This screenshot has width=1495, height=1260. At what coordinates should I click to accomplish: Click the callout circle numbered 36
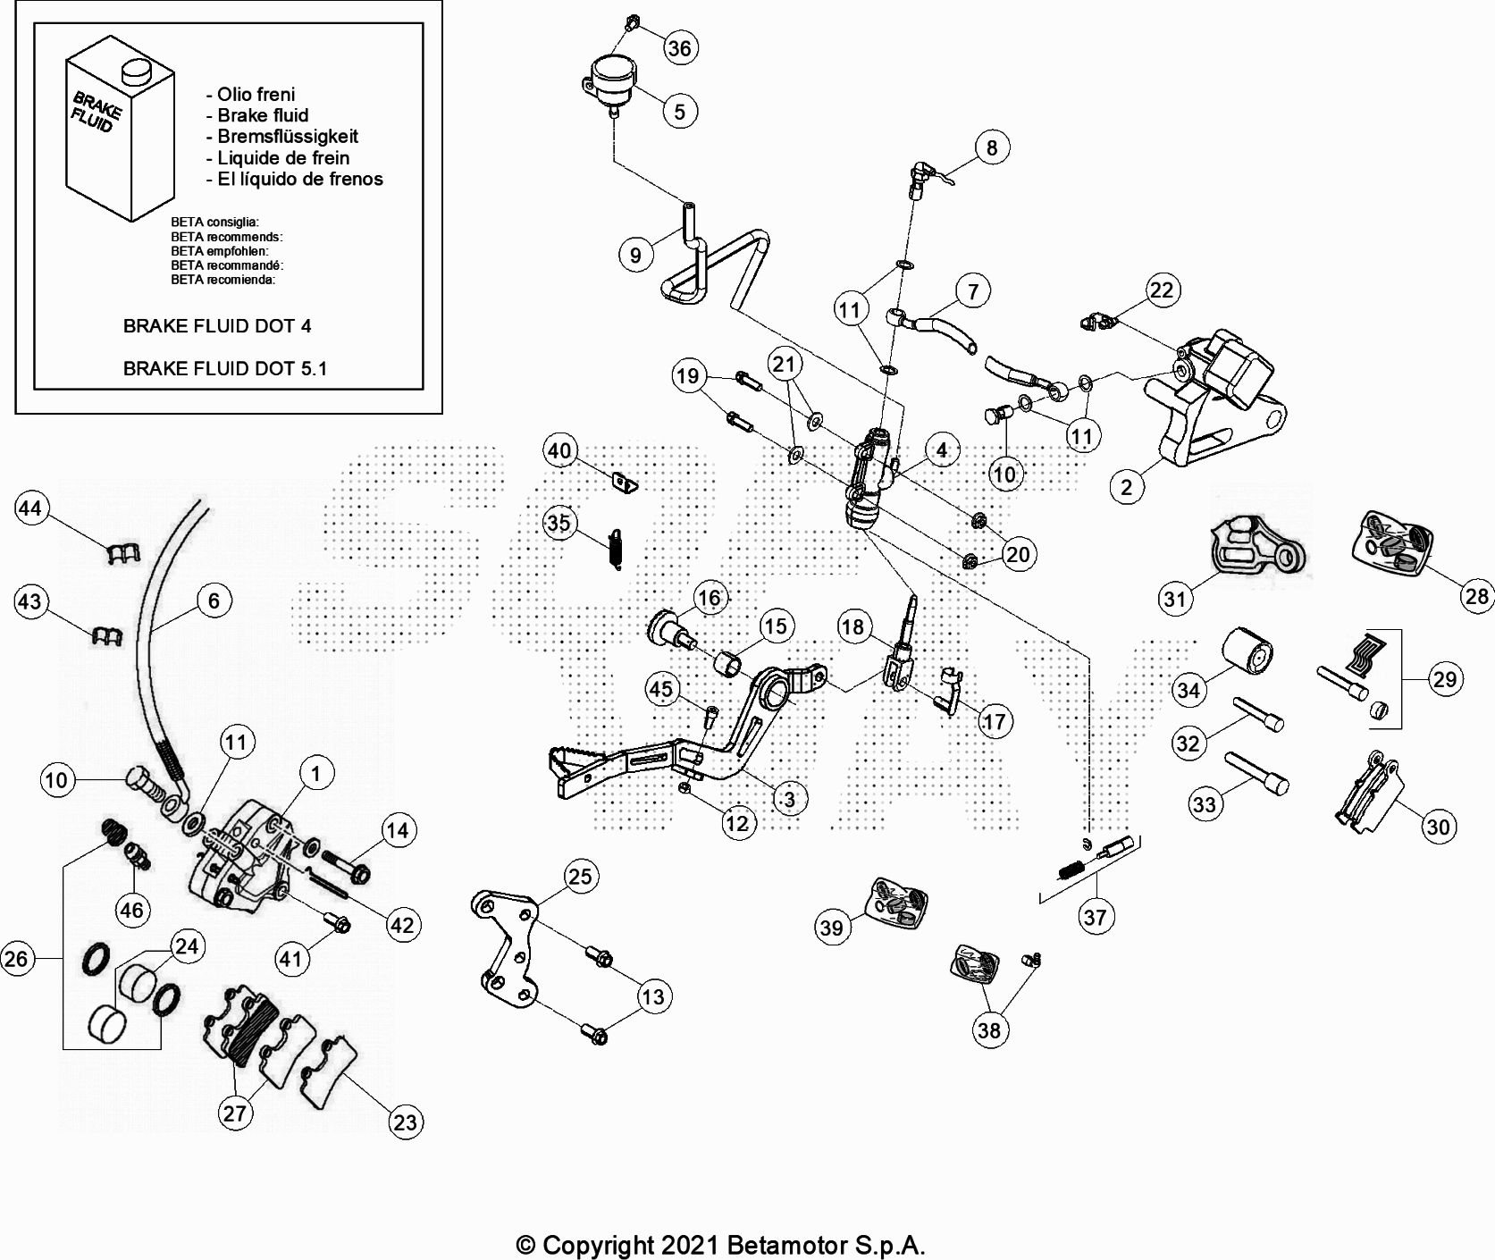coord(680,47)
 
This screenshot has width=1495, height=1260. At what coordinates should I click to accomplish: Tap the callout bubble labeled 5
coord(680,112)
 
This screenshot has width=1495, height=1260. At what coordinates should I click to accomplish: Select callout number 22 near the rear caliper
coord(1161,290)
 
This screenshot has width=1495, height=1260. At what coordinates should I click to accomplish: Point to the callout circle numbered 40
coord(559,450)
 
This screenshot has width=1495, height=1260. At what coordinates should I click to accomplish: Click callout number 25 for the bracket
coord(580,877)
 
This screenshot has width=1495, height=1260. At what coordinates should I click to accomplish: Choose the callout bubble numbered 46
coord(131,910)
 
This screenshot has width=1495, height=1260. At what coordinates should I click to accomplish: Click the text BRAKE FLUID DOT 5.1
coord(224,368)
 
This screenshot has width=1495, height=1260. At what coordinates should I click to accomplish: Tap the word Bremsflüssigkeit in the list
coord(287,137)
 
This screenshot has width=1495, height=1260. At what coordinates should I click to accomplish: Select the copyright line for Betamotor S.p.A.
coord(720,1245)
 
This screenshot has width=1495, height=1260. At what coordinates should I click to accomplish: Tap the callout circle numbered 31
coord(1175,598)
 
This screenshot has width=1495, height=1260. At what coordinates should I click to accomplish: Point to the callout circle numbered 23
coord(406,1122)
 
